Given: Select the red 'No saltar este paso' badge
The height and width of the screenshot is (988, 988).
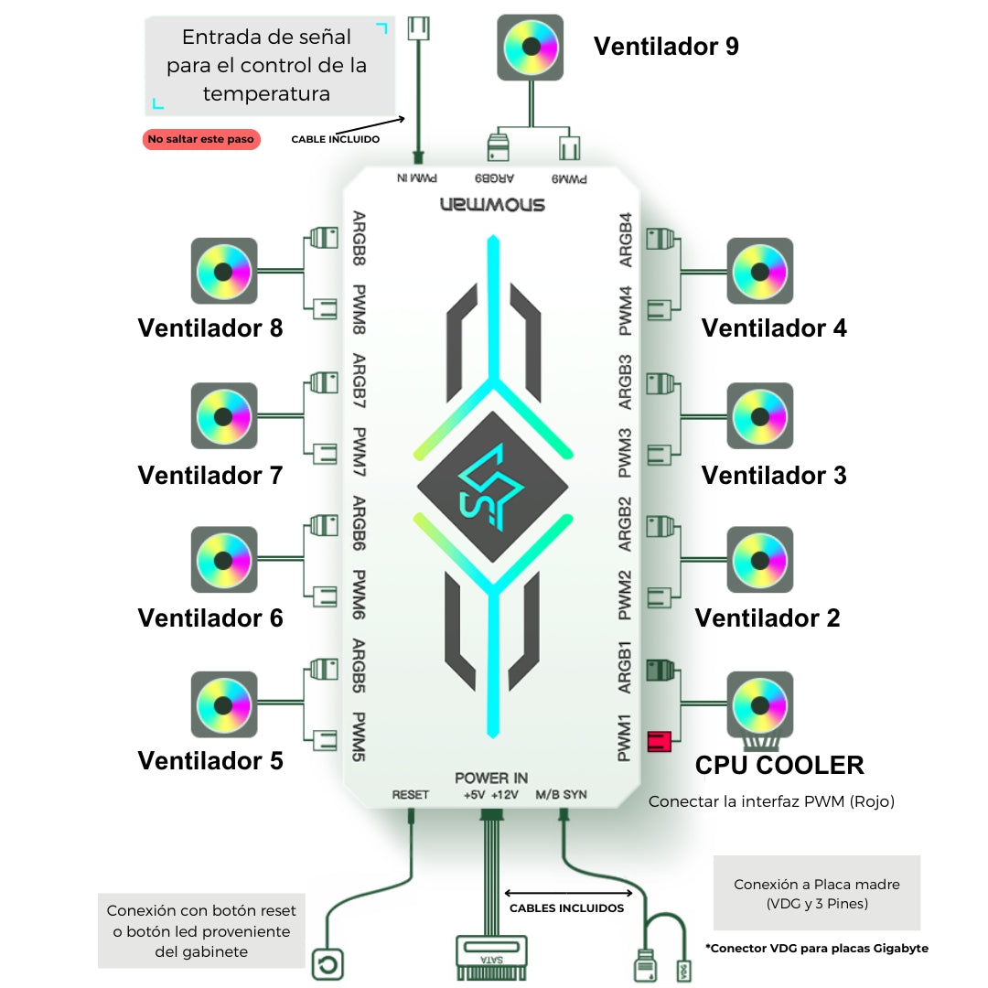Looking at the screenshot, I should [201, 139].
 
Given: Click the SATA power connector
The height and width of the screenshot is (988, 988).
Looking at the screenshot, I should [491, 956].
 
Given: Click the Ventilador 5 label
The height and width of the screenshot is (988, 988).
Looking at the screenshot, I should [210, 760].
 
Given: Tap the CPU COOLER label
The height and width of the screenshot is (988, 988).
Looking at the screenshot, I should [779, 765].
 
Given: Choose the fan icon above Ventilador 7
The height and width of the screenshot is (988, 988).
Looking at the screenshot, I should [224, 416].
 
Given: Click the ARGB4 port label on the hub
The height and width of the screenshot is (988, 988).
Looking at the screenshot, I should [626, 240].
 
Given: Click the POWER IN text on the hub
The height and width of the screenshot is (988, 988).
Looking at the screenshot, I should [491, 778].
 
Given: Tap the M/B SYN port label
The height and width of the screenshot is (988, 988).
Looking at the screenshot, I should [562, 795].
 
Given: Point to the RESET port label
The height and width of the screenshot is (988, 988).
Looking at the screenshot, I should [410, 795].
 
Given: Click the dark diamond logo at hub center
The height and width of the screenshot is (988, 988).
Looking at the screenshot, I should [491, 486].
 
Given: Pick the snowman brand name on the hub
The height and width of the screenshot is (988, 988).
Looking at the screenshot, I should [491, 203].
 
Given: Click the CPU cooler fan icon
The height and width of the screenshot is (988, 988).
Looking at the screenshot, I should [759, 704].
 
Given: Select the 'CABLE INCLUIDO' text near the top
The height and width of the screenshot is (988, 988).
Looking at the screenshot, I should [335, 139].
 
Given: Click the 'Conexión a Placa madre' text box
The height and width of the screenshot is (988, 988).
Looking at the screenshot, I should [816, 894].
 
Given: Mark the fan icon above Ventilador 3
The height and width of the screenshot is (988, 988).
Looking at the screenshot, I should [759, 416].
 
